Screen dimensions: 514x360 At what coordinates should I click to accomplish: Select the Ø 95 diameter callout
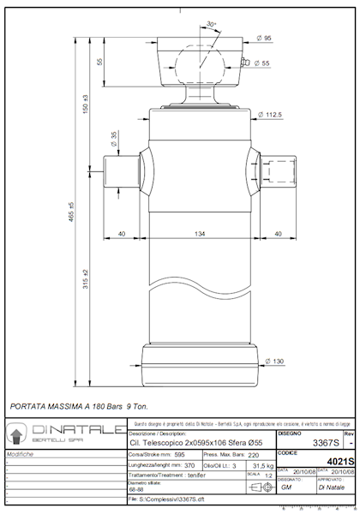click(x=266, y=38)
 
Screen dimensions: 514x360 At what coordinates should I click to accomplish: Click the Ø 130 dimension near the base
click(x=273, y=361)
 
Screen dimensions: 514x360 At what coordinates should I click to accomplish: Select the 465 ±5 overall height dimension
click(x=71, y=215)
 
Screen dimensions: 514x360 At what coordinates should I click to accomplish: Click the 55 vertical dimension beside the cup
click(x=99, y=62)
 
